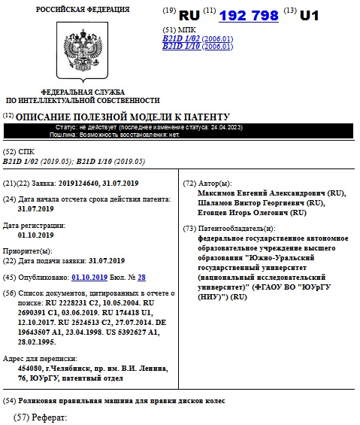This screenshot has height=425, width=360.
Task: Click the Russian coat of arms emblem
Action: click(x=83, y=50)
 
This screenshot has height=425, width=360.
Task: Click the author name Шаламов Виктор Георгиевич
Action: click(x=255, y=203)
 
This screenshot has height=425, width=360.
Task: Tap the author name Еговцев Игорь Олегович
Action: click(x=246, y=213)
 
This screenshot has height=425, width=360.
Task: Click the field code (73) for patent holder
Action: click(x=190, y=228)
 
